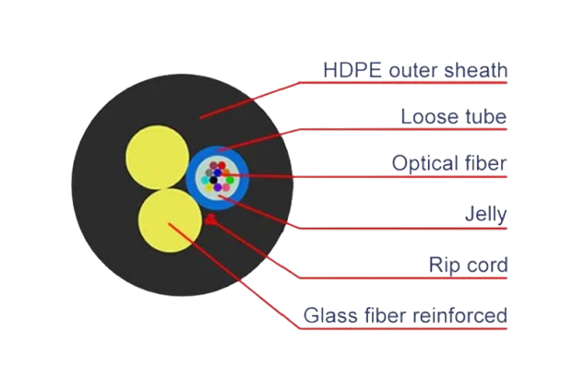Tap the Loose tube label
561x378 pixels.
click(x=454, y=117)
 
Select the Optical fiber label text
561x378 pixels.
click(x=449, y=163)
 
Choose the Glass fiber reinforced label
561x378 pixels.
click(x=405, y=316)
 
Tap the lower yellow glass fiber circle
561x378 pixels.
click(x=168, y=221)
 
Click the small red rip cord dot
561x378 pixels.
click(x=212, y=219)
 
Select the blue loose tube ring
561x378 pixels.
click(x=192, y=179)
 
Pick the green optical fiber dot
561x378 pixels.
click(x=230, y=180)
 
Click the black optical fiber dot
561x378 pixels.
click(x=213, y=180)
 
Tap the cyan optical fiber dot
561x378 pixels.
click(x=205, y=180)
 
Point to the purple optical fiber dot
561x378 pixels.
click(x=218, y=187)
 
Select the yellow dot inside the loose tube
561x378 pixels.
click(x=209, y=187)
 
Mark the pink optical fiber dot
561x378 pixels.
click(x=226, y=187)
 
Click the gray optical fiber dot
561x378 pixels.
click(x=209, y=172)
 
